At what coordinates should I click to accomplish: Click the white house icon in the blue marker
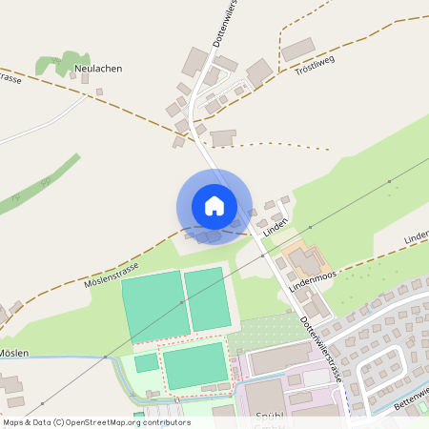click(214, 205)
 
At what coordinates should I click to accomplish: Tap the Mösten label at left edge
click(13, 353)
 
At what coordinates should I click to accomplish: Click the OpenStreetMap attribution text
click(95, 421)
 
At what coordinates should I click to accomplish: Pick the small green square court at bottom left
click(146, 362)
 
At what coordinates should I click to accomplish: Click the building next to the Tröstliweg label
click(297, 50)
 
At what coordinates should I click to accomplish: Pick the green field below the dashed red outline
click(195, 365)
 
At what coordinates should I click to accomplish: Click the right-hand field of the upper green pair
click(206, 297)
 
